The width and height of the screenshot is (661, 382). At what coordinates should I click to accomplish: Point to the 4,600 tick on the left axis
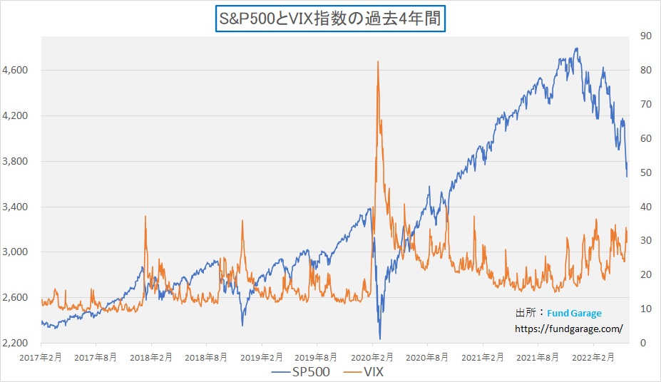point(16,70)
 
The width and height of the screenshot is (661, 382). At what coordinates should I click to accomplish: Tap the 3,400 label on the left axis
point(16,207)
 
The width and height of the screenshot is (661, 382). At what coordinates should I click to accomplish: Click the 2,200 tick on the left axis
point(16,343)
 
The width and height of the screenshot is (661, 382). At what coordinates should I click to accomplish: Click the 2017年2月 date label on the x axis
point(41,356)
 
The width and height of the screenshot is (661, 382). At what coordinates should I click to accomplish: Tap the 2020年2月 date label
point(372,356)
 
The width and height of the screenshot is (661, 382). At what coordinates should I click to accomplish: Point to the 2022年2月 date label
point(593,356)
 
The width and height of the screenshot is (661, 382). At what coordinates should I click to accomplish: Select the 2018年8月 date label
point(206,356)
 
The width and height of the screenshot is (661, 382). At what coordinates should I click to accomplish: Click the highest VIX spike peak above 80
point(377,62)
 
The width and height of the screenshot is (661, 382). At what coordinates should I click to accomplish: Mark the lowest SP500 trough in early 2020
point(380,339)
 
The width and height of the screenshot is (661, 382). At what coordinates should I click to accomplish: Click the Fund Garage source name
point(575,313)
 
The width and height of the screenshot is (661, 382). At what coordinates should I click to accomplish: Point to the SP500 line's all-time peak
point(576,48)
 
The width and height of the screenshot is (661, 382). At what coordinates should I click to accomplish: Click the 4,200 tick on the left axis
point(16,115)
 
